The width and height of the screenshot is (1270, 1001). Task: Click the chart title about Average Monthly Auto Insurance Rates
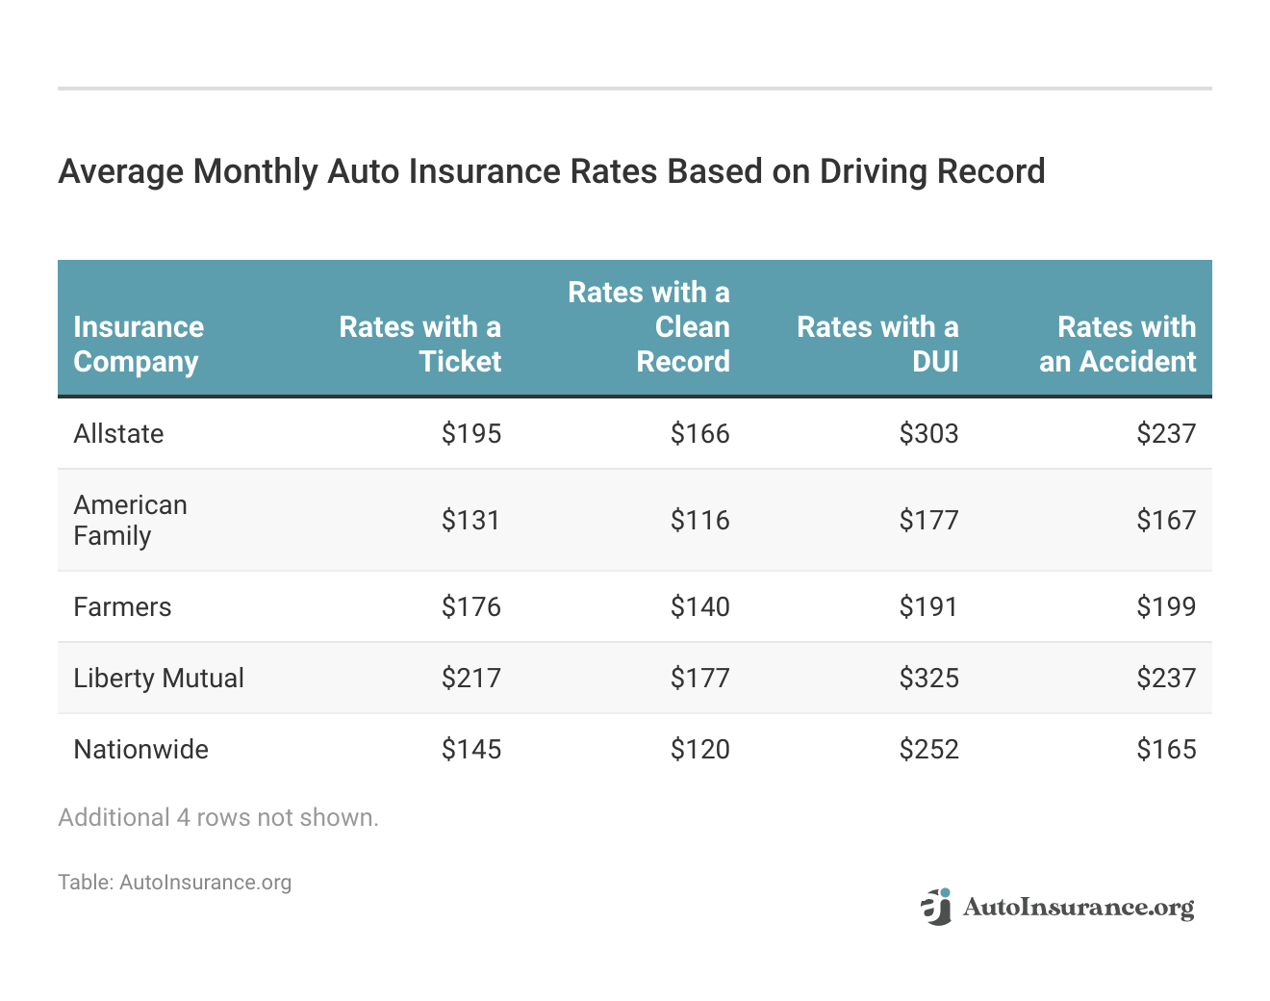[x=551, y=171]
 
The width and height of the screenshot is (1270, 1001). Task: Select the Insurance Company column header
[x=139, y=344]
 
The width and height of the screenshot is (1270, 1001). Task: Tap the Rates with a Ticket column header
[x=420, y=344]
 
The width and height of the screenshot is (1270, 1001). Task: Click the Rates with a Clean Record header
[x=649, y=326]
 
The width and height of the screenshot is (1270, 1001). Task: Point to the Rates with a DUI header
[x=877, y=344]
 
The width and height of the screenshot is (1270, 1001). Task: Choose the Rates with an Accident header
[x=1117, y=344]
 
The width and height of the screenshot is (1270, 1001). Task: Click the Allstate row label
[x=118, y=433]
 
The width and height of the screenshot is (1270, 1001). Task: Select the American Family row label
[x=130, y=520]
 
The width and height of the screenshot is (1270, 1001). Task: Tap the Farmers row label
[x=122, y=606]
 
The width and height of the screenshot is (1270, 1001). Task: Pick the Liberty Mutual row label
[x=159, y=678]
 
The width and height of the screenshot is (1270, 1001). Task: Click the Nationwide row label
[x=140, y=749]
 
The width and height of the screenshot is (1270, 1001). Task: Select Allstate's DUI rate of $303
[x=928, y=433]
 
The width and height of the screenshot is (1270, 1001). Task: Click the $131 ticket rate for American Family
[x=470, y=520]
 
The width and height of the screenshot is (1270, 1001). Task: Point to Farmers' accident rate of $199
[x=1166, y=606]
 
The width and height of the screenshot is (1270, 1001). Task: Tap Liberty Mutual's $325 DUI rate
[x=928, y=678]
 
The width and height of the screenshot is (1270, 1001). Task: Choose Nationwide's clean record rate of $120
[x=699, y=749]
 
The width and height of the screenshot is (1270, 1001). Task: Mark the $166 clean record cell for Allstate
[x=699, y=433]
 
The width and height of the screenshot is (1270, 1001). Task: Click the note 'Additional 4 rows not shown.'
[x=218, y=817]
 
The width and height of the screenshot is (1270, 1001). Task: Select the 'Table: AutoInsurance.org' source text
[x=174, y=882]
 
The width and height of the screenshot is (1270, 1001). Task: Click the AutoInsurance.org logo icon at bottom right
[x=935, y=907]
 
